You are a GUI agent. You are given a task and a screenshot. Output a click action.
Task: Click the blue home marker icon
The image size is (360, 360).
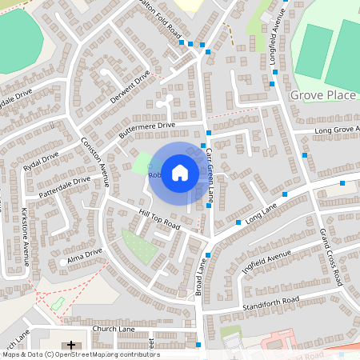tap(180, 172)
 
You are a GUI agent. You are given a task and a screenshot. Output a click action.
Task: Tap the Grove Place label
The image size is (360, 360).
tap(322, 96)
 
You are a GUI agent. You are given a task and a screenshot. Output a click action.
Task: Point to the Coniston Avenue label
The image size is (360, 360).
tap(94, 163)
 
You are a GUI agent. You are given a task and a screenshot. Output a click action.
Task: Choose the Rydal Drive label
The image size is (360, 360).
tap(42, 160)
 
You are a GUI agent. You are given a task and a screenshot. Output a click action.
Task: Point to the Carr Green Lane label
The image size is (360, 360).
tap(210, 173)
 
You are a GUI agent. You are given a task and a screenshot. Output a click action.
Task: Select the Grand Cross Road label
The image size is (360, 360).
tap(331, 257)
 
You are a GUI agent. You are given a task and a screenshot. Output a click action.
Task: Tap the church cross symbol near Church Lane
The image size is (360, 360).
tap(73, 345)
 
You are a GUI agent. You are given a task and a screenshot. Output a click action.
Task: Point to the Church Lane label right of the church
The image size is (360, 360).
tap(113, 328)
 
